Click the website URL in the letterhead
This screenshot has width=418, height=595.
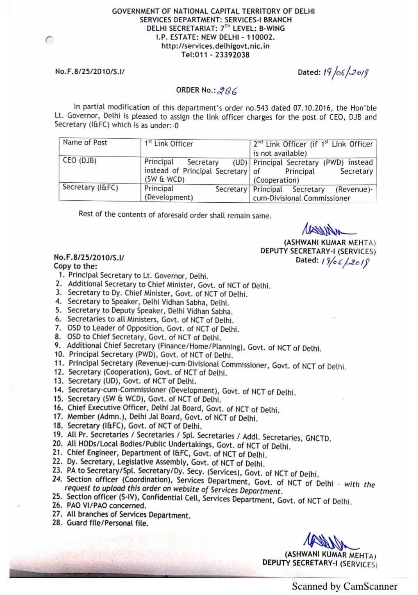(215, 46)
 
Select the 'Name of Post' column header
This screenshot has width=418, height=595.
(85, 143)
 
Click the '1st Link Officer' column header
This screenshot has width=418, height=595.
(169, 144)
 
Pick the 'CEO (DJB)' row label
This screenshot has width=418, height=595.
(80, 161)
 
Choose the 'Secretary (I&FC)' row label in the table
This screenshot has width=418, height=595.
(90, 188)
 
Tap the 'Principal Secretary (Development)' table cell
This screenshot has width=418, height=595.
(195, 193)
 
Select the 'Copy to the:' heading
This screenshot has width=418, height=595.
(75, 266)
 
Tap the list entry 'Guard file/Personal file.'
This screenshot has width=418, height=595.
(107, 523)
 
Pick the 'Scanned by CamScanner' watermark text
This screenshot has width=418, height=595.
(344, 586)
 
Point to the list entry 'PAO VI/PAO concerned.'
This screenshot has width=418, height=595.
(106, 506)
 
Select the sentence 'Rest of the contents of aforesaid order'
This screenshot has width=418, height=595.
(175, 215)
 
